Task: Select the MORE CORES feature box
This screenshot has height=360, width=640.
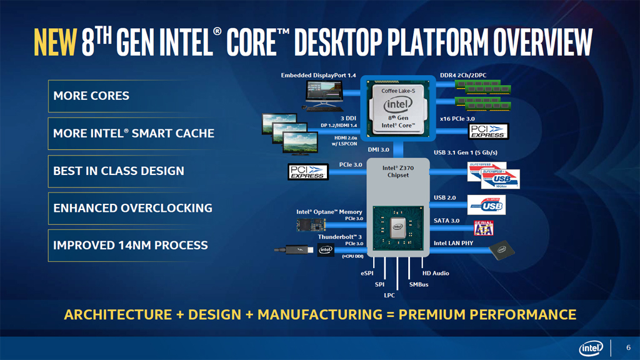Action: pos(119,96)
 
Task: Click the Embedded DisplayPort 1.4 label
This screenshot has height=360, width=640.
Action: pos(318,76)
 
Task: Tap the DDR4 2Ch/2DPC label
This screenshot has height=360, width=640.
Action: pos(463,76)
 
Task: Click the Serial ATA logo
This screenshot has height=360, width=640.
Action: pos(484,227)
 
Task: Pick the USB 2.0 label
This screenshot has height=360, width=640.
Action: pos(444,198)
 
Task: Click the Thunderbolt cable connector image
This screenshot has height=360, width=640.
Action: pos(293,250)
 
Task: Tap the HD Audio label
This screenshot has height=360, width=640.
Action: pos(436,273)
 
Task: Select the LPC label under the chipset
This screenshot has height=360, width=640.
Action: pos(389,295)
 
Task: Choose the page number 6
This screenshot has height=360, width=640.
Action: pos(628,348)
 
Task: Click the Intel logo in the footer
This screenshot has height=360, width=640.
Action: pos(591,348)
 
